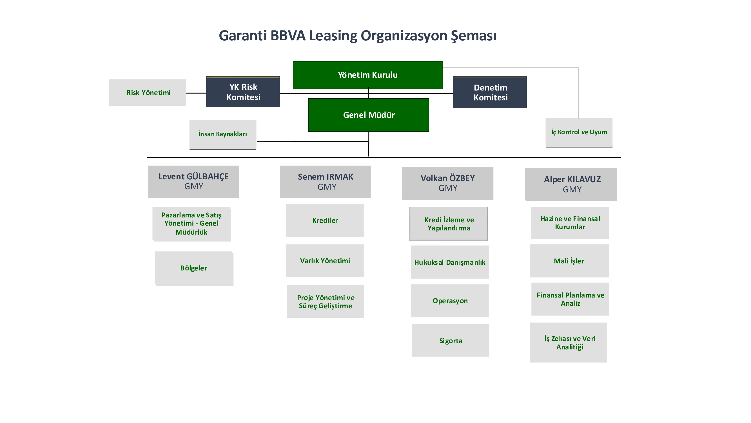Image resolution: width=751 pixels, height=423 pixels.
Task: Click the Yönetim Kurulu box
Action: pos(368,75)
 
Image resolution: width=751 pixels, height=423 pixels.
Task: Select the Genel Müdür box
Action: pos(369,115)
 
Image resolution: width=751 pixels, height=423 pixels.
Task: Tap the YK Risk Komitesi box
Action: pos(243,92)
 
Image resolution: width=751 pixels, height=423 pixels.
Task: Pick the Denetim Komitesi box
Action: pos(490,92)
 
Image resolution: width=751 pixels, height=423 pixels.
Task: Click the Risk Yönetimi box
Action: pos(148,92)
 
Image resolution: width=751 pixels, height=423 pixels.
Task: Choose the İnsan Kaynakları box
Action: pos(223,135)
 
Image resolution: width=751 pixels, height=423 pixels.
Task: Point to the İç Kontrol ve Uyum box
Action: pos(579,133)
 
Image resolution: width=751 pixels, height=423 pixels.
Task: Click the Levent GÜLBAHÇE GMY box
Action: pos(193,182)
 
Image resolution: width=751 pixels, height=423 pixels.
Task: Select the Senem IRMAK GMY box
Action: pos(325,182)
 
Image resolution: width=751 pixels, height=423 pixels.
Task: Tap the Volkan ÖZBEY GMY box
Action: pos(447,183)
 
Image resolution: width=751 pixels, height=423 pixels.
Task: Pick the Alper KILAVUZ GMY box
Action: pos(571,184)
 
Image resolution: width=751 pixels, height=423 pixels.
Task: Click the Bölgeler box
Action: pos(194,268)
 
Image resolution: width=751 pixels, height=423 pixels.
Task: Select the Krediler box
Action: pos(325,221)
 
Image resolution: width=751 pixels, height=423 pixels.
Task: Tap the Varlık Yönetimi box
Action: pos(325,261)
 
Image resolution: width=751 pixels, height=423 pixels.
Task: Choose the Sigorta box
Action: pos(451,340)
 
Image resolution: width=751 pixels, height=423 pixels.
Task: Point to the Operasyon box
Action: pos(450,301)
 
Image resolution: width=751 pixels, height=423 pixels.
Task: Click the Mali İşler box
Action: pos(569,261)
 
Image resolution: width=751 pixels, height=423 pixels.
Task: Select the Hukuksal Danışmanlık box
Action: pos(450,262)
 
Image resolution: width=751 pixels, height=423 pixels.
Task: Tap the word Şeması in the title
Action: pos(473,36)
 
